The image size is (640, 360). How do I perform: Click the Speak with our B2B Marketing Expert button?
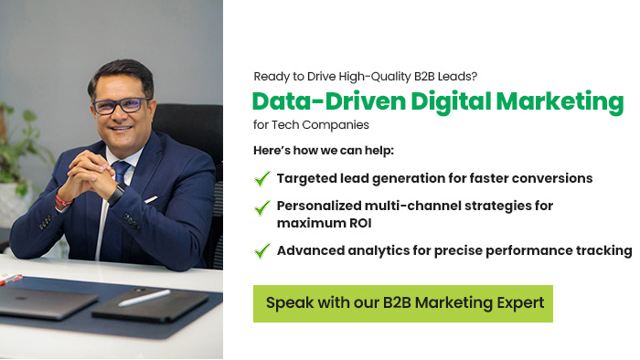tap(402, 302)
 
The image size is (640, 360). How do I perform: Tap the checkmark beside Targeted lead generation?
tap(262, 178)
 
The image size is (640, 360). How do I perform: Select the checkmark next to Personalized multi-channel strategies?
tap(262, 206)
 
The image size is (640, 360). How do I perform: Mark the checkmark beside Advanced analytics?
tap(262, 250)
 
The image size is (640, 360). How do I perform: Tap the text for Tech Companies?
tap(311, 125)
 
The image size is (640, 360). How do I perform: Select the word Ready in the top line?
tap(271, 77)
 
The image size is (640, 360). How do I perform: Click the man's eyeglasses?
tap(119, 106)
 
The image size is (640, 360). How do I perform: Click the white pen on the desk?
tap(144, 298)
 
